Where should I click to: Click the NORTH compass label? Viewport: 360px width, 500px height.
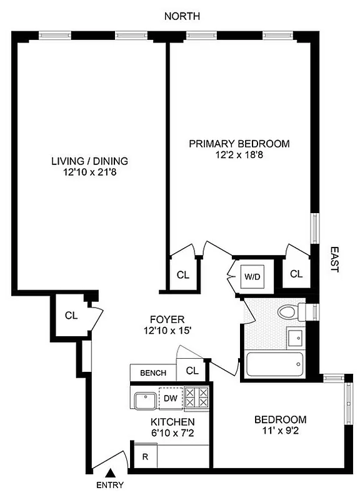point(182,16)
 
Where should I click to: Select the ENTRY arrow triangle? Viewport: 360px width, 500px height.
point(110,473)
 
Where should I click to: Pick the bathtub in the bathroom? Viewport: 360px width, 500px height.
point(274,364)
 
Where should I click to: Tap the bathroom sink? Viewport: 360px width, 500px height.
point(295,339)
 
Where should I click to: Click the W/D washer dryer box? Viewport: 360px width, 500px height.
point(252,275)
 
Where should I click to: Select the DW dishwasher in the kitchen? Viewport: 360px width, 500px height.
point(169,397)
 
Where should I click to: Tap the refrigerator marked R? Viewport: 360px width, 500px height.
point(145,456)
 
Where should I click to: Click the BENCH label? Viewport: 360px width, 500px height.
point(152,373)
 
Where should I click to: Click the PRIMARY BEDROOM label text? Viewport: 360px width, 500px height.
point(239,144)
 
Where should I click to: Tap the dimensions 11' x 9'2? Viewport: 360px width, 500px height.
point(280,431)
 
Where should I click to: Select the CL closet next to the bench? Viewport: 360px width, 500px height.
point(192,371)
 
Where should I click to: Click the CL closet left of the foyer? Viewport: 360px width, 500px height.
point(71,315)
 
